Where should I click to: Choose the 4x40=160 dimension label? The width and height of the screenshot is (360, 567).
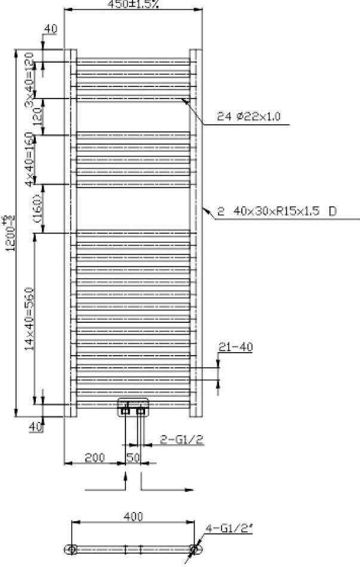[28, 159]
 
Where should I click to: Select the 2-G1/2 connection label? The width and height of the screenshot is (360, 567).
[183, 440]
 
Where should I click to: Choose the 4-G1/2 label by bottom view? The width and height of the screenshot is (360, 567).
[223, 528]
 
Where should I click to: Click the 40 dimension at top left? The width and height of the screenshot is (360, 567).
[51, 29]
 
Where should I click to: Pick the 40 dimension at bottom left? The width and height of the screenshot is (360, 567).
[35, 426]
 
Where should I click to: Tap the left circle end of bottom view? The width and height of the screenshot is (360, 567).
[72, 549]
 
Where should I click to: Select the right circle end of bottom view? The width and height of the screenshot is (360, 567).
[194, 549]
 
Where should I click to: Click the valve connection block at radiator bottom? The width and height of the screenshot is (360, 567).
[133, 406]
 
